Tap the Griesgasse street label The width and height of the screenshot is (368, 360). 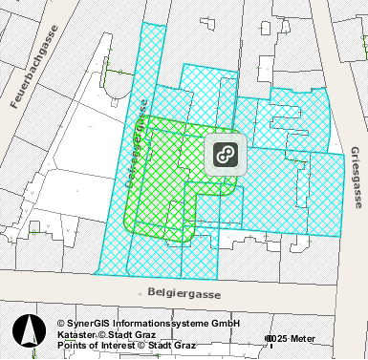355,178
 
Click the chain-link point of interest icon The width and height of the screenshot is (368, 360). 226,155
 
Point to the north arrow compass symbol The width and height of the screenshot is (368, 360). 30,330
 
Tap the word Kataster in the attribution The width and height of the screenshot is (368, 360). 76,335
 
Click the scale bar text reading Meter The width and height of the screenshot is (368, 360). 303,339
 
